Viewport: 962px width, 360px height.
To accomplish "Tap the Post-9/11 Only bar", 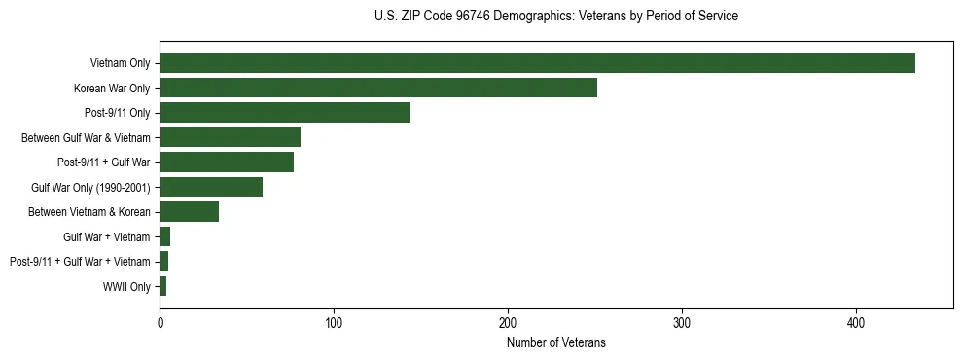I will pyautogui.click(x=285, y=113).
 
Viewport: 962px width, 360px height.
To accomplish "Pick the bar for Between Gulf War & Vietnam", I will pyautogui.click(x=230, y=137).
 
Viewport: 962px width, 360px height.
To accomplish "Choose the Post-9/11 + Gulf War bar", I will pyautogui.click(x=227, y=162).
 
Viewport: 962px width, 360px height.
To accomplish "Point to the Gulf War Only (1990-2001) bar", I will pyautogui.click(x=211, y=187).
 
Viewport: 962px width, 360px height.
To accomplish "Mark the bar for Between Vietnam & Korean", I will pyautogui.click(x=189, y=212).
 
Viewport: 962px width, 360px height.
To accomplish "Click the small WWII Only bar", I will pyautogui.click(x=162, y=286).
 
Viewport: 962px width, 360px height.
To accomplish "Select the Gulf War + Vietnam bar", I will pyautogui.click(x=164, y=236).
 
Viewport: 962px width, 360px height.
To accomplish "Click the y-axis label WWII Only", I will pyautogui.click(x=126, y=287).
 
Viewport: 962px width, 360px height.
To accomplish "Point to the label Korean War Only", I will pyautogui.click(x=112, y=89).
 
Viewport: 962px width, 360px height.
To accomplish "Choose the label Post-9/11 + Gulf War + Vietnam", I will pyautogui.click(x=80, y=262).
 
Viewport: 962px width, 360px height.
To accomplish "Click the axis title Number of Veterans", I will pyautogui.click(x=555, y=342).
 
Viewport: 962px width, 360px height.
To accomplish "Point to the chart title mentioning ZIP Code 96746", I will pyautogui.click(x=555, y=17).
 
